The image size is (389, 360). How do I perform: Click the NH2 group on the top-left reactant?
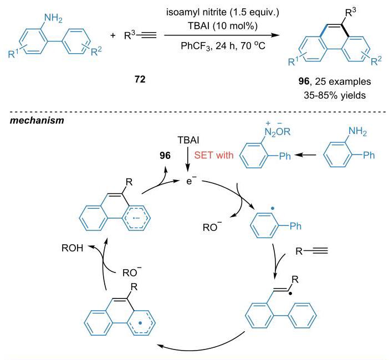pyautogui.click(x=53, y=18)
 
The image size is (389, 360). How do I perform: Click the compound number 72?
pyautogui.click(x=140, y=79)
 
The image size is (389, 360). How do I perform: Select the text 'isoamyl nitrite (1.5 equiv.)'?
pyautogui.click(x=223, y=12)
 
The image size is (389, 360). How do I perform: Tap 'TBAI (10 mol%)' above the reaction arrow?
pyautogui.click(x=223, y=26)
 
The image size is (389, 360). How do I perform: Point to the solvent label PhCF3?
pyautogui.click(x=196, y=46)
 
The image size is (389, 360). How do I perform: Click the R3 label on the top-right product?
pyautogui.click(x=350, y=12)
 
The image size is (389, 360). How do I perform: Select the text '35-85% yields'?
pyautogui.click(x=335, y=95)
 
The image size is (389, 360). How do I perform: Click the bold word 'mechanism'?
pyautogui.click(x=37, y=121)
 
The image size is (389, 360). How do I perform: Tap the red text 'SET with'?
pyautogui.click(x=214, y=155)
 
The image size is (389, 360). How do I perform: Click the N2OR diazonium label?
pyautogui.click(x=278, y=131)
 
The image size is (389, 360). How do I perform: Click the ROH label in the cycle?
pyautogui.click(x=72, y=248)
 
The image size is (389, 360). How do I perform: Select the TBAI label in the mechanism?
pyautogui.click(x=188, y=140)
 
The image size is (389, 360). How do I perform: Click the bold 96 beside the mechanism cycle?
pyautogui.click(x=165, y=156)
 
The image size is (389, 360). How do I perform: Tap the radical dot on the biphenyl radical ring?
pyautogui.click(x=273, y=209)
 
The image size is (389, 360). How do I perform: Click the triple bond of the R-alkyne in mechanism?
pyautogui.click(x=320, y=251)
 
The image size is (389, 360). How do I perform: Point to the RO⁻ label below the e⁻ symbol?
pyautogui.click(x=212, y=227)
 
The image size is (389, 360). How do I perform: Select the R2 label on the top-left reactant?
pyautogui.click(x=96, y=52)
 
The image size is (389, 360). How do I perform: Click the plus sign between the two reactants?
pyautogui.click(x=113, y=35)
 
